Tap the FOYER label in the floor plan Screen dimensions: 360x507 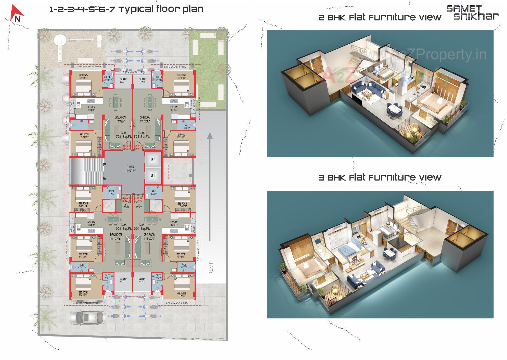130,167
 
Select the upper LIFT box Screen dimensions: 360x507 153,159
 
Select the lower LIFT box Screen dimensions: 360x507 153,175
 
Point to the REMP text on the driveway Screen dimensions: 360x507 211,268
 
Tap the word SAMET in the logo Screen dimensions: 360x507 464,9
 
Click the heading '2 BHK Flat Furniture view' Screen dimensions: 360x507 380,18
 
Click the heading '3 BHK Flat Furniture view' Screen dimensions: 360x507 380,178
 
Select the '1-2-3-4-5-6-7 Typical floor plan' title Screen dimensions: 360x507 126,9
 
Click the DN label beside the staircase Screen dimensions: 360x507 105,164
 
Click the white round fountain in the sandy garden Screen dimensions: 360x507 59,41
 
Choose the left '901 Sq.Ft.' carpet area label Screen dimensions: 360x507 124,229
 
